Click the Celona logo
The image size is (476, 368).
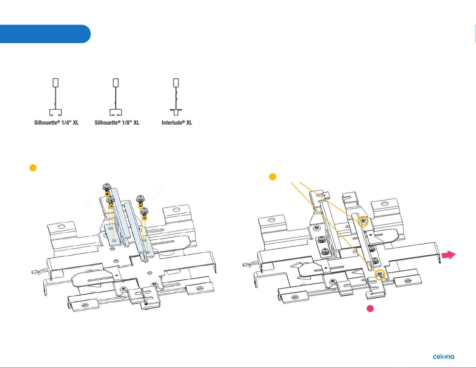tap(443, 357)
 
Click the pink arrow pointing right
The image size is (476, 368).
tap(448, 255)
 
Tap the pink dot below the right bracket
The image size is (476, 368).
tap(370, 309)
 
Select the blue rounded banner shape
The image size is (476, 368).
tap(45, 34)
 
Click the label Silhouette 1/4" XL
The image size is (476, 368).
tap(56, 123)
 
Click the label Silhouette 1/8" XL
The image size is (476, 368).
tap(117, 123)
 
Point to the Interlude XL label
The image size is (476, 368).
tap(177, 123)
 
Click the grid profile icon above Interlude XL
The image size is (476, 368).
tap(176, 97)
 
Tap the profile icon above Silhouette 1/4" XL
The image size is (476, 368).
tap(56, 97)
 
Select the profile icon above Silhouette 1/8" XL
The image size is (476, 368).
tap(116, 97)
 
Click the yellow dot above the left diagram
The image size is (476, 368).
tap(33, 168)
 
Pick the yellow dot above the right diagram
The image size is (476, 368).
tap(272, 177)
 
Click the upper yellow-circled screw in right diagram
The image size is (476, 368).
tap(363, 221)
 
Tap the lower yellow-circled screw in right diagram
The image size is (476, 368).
tap(380, 275)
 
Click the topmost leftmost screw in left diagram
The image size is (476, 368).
tap(107, 187)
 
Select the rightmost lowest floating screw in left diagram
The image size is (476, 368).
tap(144, 211)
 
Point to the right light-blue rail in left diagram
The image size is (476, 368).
tap(138, 231)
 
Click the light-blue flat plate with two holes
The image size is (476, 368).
tap(113, 234)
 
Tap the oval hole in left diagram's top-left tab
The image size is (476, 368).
tap(61, 226)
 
